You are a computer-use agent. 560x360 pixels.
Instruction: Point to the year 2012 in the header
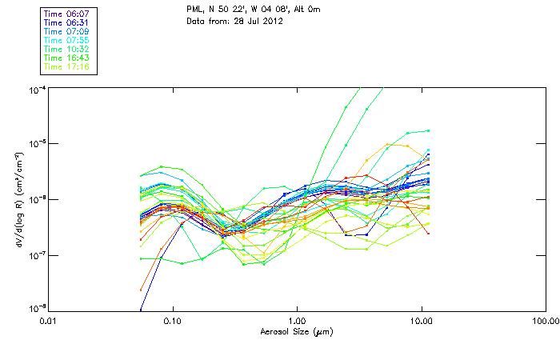272,22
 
